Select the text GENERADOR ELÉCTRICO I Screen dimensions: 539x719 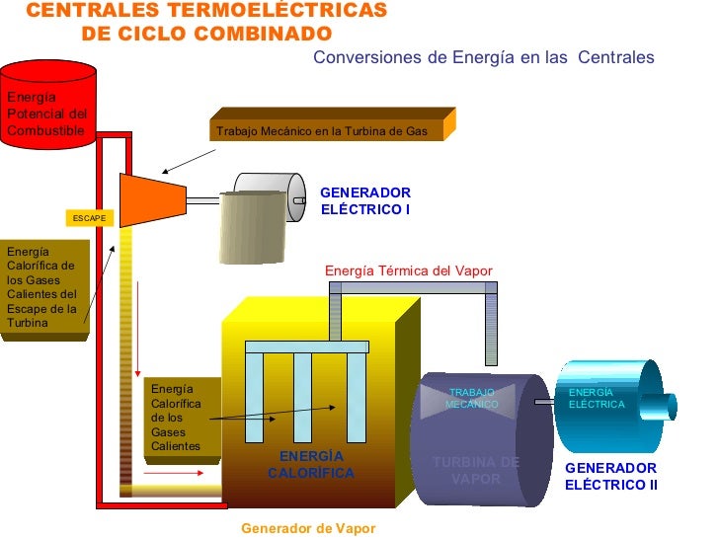[364, 201]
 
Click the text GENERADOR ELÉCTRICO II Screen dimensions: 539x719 [610, 476]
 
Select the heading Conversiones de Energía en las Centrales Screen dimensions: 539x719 [483, 58]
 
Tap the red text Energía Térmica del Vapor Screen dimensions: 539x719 [408, 270]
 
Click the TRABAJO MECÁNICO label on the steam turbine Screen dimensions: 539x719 [471, 399]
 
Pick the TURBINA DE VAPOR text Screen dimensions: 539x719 [475, 471]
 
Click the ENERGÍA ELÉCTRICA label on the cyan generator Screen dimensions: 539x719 [597, 399]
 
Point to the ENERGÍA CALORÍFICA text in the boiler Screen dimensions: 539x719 [310, 465]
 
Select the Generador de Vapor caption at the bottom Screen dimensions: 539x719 [308, 528]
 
